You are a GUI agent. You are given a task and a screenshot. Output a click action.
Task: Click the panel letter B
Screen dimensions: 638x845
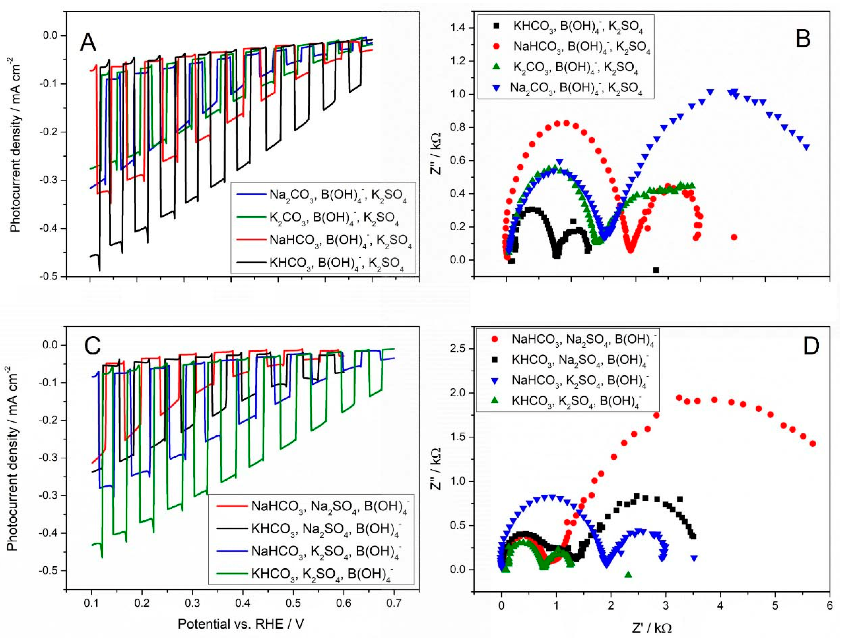coord(803,39)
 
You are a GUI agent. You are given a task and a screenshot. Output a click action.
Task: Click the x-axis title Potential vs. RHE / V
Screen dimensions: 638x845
coord(241,624)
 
